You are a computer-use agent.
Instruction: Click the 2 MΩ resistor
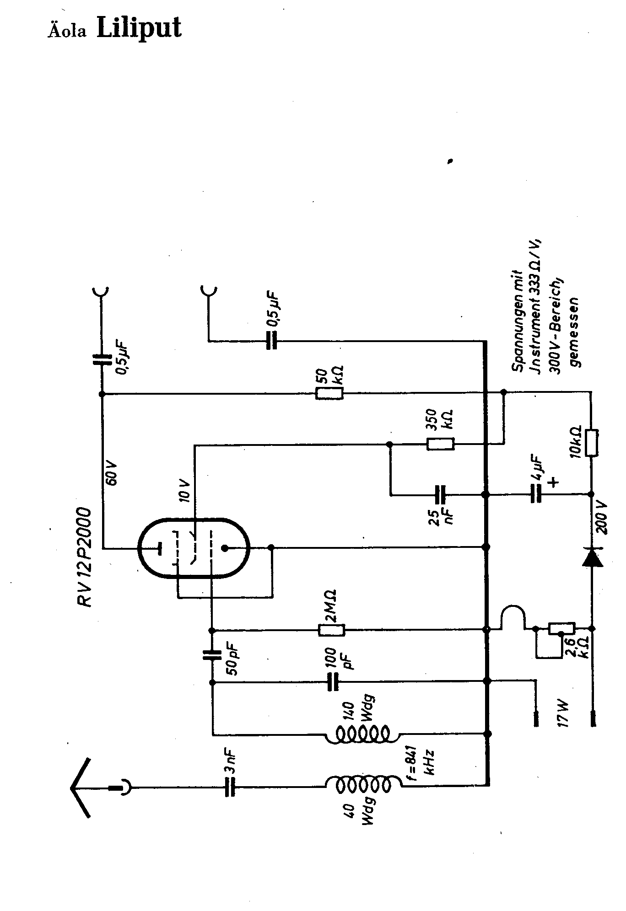coord(331,630)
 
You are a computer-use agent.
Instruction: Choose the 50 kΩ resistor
coord(329,393)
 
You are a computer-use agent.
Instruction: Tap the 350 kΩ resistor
coord(440,444)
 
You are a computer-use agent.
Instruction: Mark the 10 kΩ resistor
coord(591,443)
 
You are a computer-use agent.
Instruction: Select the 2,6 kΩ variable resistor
coord(561,629)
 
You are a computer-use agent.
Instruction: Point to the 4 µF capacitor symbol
coord(536,494)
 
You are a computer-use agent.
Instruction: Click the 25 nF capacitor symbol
coord(440,494)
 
